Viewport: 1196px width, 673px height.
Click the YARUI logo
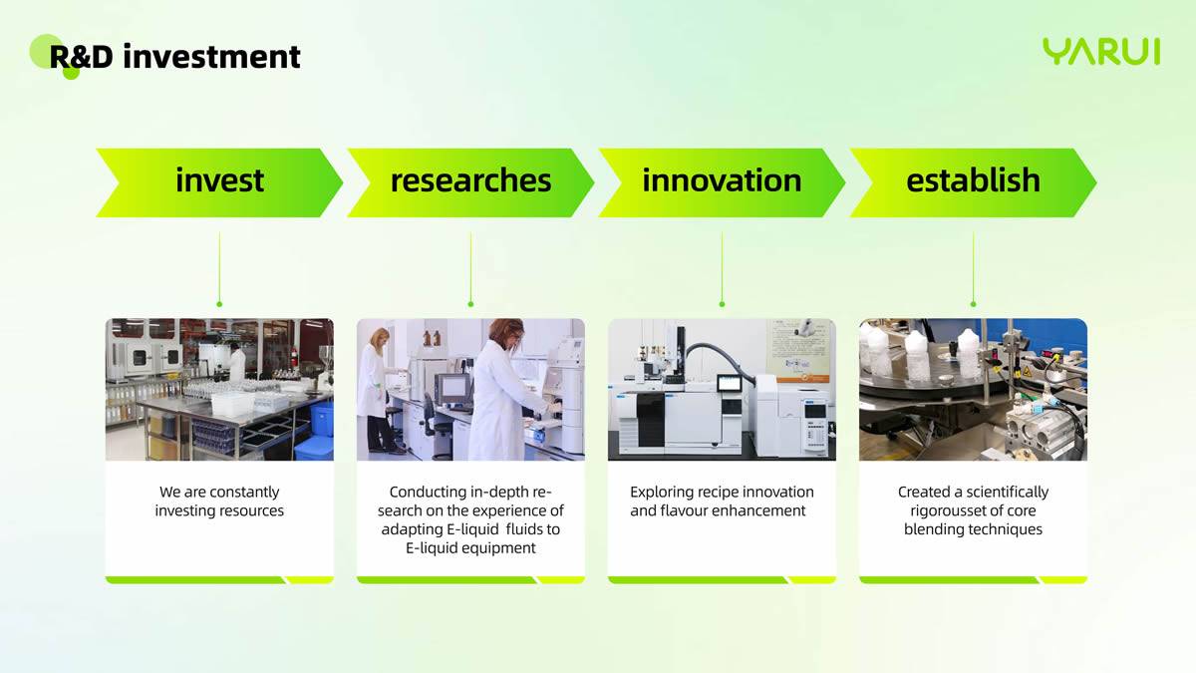[1101, 51]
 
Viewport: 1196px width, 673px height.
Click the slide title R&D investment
[174, 57]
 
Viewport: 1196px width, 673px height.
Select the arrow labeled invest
[219, 182]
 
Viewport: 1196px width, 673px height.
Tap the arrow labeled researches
[470, 182]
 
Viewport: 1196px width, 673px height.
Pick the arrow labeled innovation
[722, 182]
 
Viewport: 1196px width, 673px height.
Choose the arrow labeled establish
[973, 182]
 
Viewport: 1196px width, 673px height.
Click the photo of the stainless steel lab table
[219, 390]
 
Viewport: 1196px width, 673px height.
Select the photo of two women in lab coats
[470, 390]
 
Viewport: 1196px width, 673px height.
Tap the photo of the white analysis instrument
[722, 390]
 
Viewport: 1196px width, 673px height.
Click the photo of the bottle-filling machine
[974, 390]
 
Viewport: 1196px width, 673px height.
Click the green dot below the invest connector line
[219, 304]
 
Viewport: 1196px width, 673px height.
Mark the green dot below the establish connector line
[974, 304]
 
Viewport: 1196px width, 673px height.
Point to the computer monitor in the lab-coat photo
[452, 388]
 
